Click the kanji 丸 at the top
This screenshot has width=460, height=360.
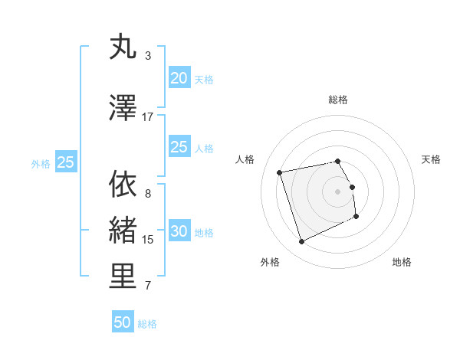point(123,47)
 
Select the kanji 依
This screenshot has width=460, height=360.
point(123,184)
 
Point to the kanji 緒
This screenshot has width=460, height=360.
point(123,230)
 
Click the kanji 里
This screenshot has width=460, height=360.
point(123,277)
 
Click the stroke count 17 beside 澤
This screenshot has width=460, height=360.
point(148,117)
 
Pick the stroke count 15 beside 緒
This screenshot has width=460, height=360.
point(148,240)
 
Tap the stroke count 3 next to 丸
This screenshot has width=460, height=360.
point(148,56)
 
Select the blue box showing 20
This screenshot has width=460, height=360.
point(179,78)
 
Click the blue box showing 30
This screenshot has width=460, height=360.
point(179,232)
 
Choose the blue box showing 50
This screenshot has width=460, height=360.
point(123,322)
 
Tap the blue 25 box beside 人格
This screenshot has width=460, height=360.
point(179,147)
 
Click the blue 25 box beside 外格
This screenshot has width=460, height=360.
point(65,162)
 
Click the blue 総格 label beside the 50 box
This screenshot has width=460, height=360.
point(147,324)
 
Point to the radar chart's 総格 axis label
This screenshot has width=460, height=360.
point(338,100)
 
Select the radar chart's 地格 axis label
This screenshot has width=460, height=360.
point(402,262)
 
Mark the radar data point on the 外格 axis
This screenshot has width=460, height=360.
point(301,242)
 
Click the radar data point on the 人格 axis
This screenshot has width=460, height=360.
point(280,172)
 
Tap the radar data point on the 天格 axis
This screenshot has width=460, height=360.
point(353,186)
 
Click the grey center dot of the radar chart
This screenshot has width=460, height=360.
point(338,191)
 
